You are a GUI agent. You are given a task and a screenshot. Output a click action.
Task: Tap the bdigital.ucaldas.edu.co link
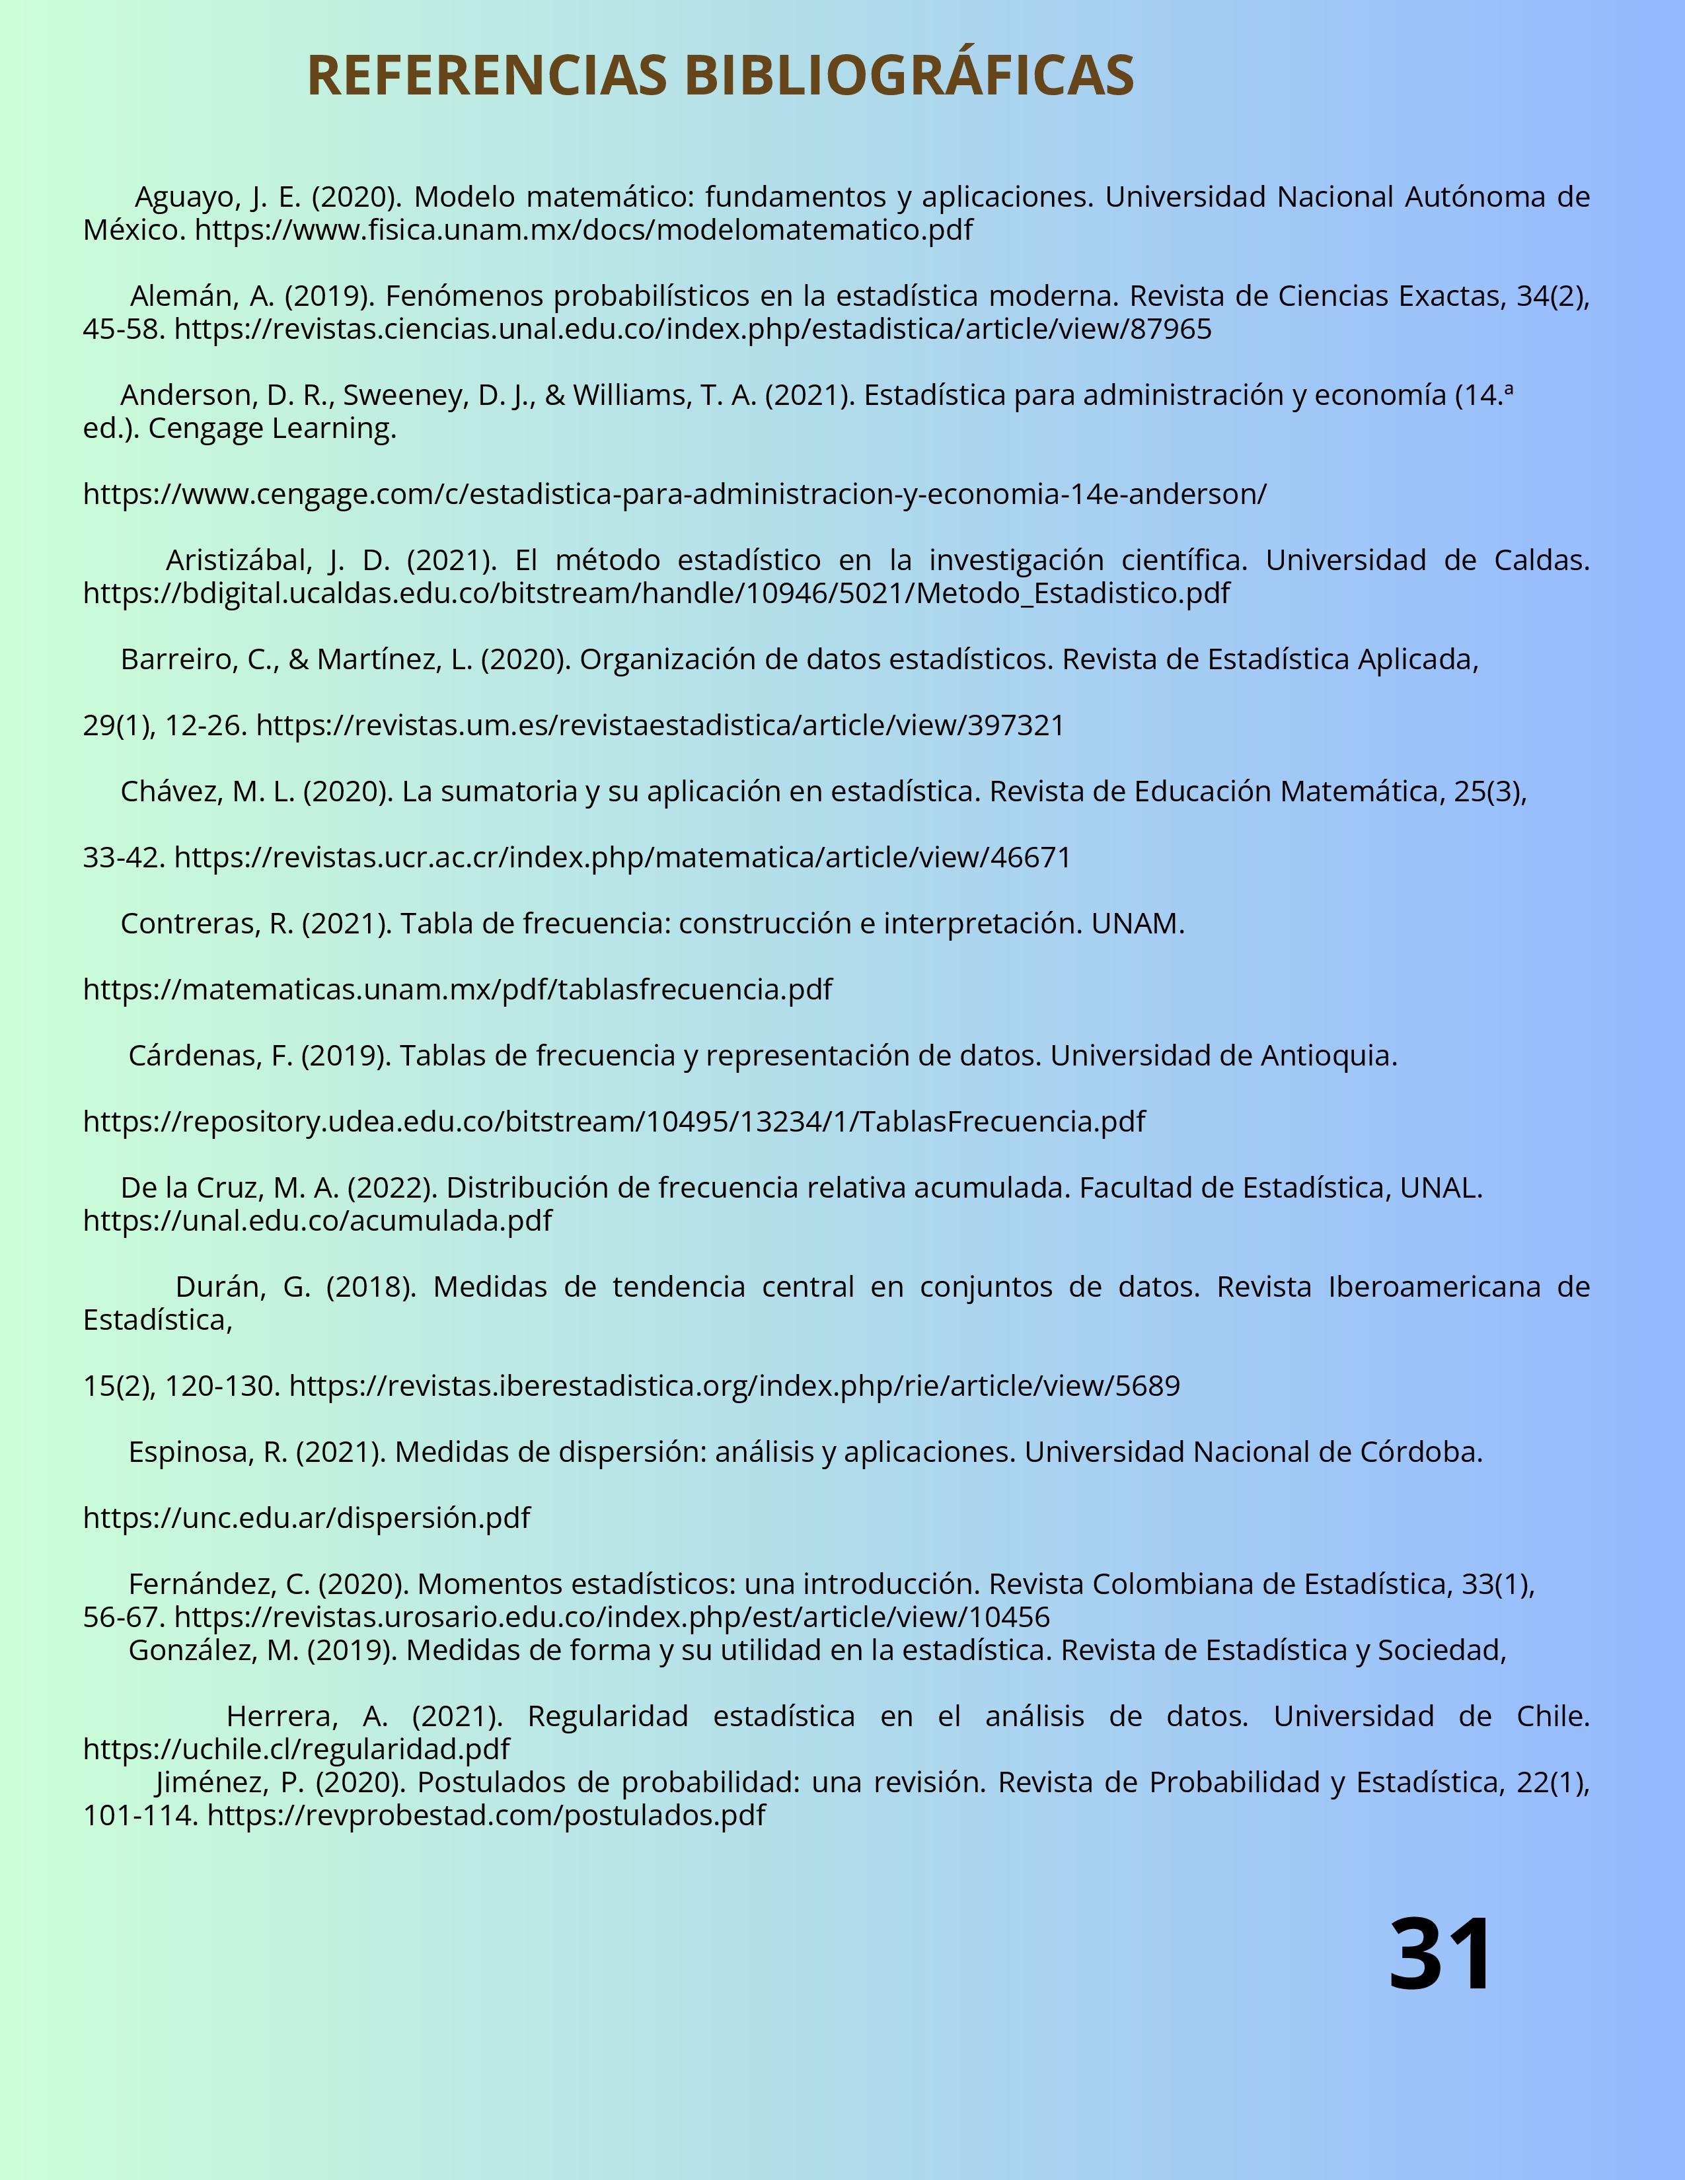click(656, 593)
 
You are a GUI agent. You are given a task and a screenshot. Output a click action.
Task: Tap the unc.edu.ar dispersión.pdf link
click(307, 1517)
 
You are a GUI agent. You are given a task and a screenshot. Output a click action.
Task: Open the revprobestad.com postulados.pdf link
click(486, 1815)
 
